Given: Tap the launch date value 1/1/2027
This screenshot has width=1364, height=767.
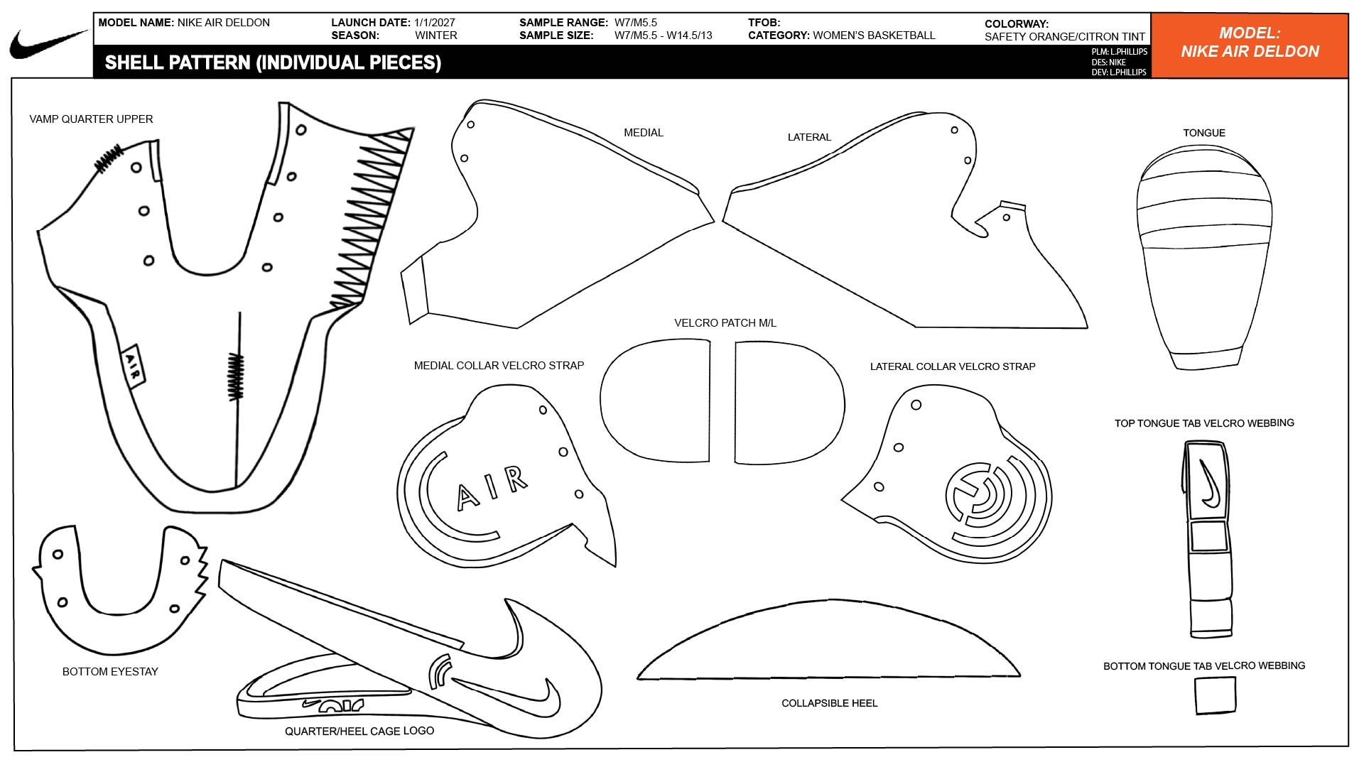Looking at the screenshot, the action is [435, 23].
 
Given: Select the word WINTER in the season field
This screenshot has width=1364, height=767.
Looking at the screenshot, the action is [436, 36].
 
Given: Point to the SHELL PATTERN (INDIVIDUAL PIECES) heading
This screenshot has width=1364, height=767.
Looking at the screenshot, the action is [273, 63].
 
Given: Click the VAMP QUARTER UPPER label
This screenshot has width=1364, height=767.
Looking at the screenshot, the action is [91, 119].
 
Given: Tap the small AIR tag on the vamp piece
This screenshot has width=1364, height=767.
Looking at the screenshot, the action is [133, 366].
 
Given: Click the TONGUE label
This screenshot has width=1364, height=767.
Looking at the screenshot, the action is [1204, 133].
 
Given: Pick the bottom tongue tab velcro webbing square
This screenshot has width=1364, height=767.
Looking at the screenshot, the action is [1215, 695].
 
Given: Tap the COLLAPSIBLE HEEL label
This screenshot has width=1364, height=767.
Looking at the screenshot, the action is [829, 703].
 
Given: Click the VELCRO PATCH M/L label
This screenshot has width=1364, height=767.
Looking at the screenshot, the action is [725, 323].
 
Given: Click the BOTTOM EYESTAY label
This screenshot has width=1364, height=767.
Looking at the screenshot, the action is [110, 672].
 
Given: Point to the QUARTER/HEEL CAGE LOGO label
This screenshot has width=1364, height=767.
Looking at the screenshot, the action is [359, 731].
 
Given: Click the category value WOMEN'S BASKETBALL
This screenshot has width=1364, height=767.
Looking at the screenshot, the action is [874, 36].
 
